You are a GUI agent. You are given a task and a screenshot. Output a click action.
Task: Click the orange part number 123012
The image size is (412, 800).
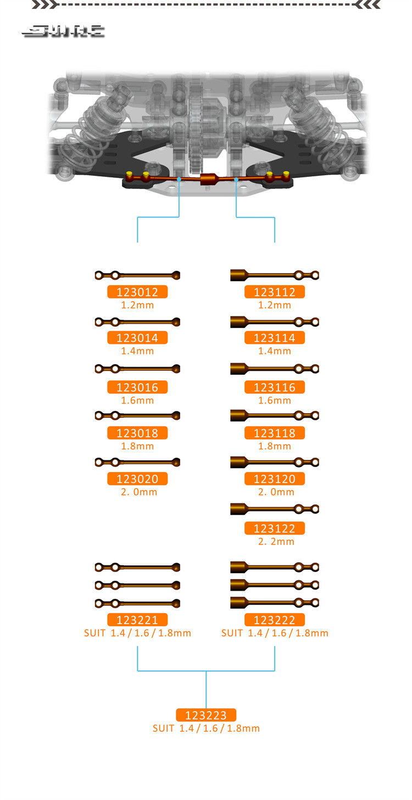pyautogui.click(x=137, y=292)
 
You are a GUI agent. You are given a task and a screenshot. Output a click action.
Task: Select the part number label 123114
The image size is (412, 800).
pyautogui.click(x=274, y=338)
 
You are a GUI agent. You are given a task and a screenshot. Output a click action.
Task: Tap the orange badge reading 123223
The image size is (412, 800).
pyautogui.click(x=206, y=715)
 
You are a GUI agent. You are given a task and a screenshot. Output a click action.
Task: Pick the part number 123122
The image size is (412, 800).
pyautogui.click(x=274, y=529)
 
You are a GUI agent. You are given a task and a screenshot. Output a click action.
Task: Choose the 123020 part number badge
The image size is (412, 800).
pyautogui.click(x=137, y=479)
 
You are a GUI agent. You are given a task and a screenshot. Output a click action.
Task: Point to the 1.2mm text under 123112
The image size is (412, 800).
pyautogui.click(x=275, y=305)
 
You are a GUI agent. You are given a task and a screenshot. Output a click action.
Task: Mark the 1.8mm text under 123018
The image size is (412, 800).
pyautogui.click(x=137, y=446)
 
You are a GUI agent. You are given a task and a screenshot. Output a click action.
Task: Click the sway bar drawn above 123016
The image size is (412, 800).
pyautogui.click(x=137, y=368)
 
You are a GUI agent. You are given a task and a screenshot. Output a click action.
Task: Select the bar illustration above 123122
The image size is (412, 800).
pyautogui.click(x=274, y=509)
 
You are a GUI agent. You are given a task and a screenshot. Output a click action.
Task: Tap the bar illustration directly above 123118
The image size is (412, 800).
pyautogui.click(x=274, y=415)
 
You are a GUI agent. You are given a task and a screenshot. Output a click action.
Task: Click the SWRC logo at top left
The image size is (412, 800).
pyautogui.click(x=63, y=32)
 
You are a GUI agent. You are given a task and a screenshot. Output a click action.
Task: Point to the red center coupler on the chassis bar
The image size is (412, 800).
pyautogui.click(x=208, y=179)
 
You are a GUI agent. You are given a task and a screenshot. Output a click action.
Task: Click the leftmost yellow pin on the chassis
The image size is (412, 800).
pyautogui.click(x=130, y=175)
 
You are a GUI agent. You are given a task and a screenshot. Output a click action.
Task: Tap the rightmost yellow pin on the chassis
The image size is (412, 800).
pyautogui.click(x=286, y=175)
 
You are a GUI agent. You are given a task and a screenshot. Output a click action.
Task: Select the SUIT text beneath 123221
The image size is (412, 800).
pyautogui.click(x=137, y=633)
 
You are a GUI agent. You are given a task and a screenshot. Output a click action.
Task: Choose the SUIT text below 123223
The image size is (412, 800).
pyautogui.click(x=206, y=728)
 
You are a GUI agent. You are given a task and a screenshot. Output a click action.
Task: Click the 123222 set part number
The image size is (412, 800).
pyautogui.click(x=274, y=620)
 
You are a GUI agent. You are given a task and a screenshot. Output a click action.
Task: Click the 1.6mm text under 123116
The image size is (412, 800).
pyautogui.click(x=275, y=401)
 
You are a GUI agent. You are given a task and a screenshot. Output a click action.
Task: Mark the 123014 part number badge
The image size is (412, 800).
pyautogui.click(x=137, y=338)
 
